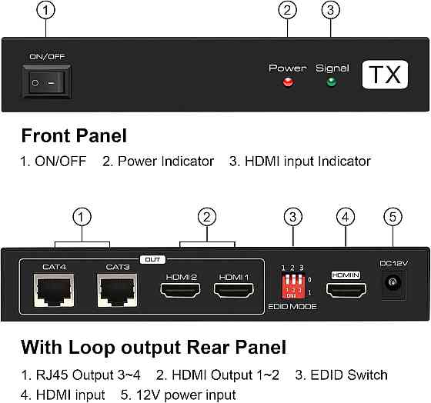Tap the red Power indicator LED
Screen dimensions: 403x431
[289, 82]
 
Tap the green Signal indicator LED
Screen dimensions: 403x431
[331, 82]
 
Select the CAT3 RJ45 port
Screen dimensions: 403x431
[117, 292]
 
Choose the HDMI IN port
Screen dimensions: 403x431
[346, 291]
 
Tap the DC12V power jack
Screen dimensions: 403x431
[393, 288]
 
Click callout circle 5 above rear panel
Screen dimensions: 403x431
[393, 218]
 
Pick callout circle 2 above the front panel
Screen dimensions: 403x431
[289, 11]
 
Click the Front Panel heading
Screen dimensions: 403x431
[74, 136]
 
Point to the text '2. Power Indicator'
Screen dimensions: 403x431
[158, 162]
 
